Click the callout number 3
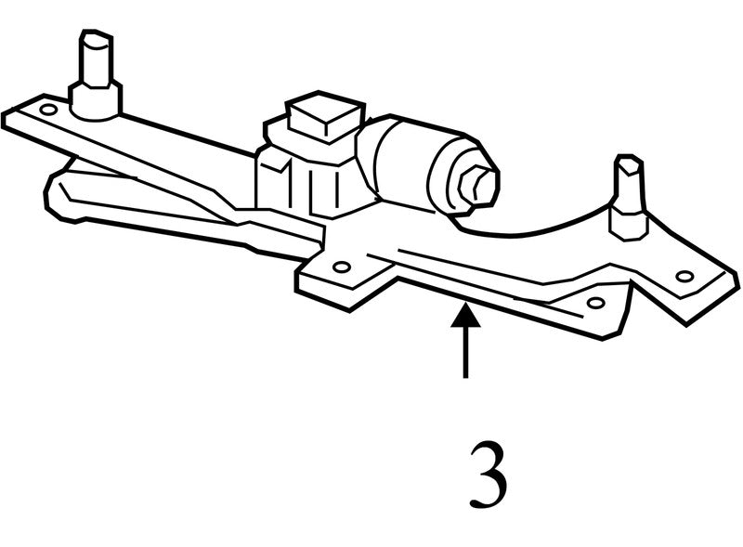[x=489, y=475]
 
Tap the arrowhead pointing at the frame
[x=466, y=316]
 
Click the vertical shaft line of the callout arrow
[x=466, y=352]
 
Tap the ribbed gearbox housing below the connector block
[x=308, y=185]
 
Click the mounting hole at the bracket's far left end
[x=48, y=110]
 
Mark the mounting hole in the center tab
[x=341, y=267]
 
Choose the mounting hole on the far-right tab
[x=684, y=276]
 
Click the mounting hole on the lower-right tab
[x=595, y=302]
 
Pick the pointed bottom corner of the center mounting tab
[x=349, y=310]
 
